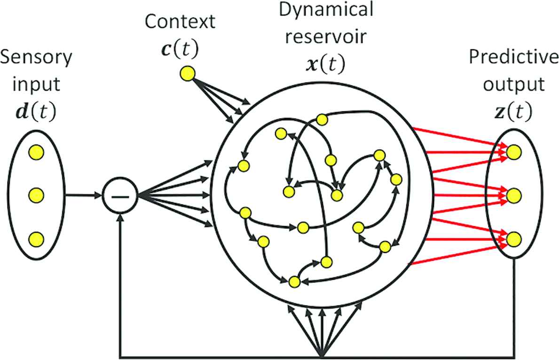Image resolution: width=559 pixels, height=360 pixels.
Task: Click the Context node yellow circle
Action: pyautogui.click(x=187, y=73)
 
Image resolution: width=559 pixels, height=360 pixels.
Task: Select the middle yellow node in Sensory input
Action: pyautogui.click(x=36, y=194)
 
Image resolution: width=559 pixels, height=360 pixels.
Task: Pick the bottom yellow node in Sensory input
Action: pyautogui.click(x=36, y=239)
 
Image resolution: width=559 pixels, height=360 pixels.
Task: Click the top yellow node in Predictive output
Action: pyautogui.click(x=514, y=151)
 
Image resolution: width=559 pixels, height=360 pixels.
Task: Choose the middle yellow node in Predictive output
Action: pyautogui.click(x=514, y=195)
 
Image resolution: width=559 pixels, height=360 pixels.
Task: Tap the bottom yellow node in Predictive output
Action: pyautogui.click(x=514, y=238)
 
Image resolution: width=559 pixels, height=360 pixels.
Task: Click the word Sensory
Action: pyautogui.click(x=36, y=58)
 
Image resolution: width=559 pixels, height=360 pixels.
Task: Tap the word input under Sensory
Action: pyautogui.click(x=36, y=85)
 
